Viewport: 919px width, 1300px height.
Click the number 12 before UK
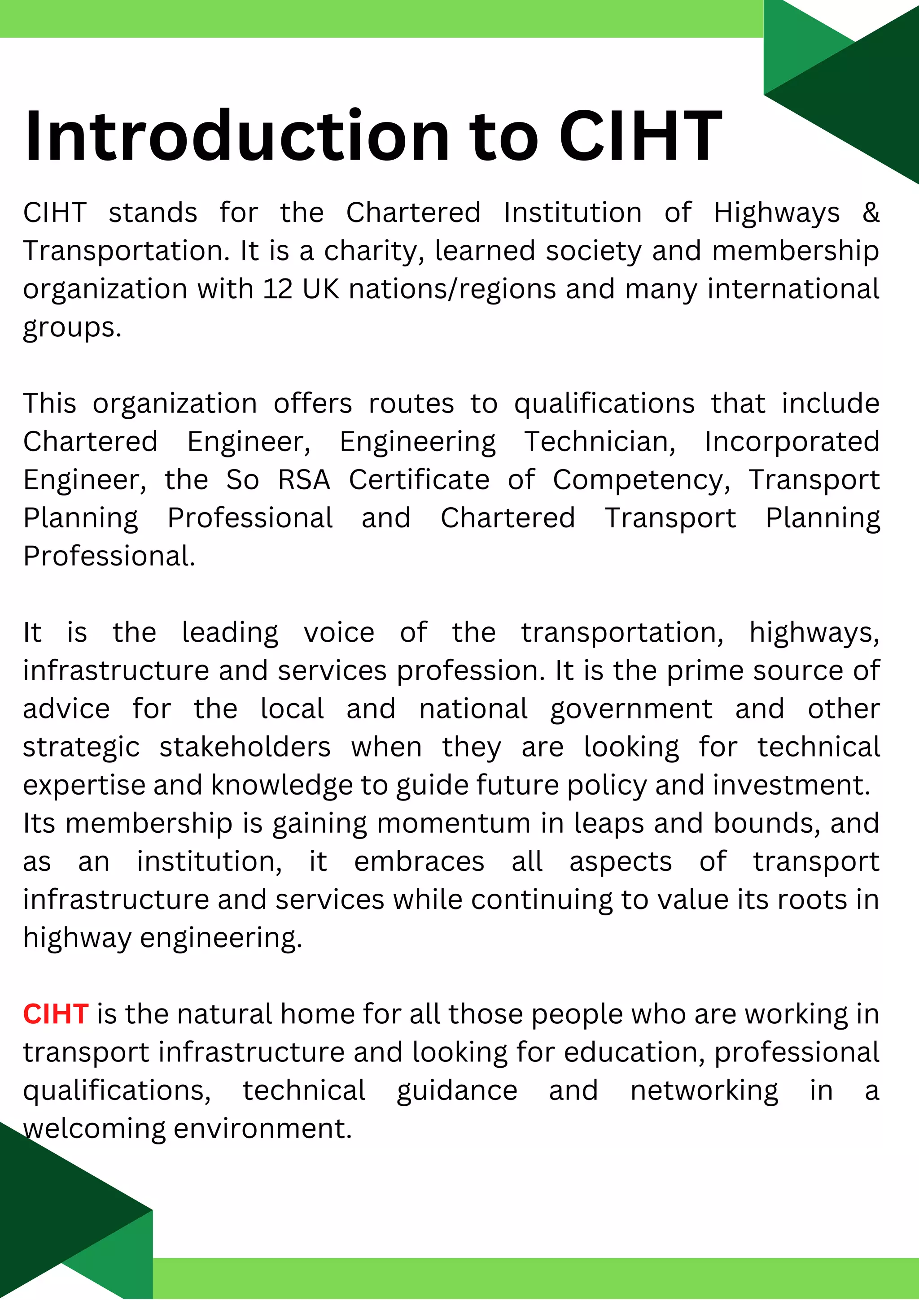(x=278, y=289)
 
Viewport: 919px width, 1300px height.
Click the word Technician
(x=600, y=442)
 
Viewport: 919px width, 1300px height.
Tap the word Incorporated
(x=792, y=442)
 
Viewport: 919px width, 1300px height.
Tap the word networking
(x=704, y=1091)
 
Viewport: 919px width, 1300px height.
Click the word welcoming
(x=94, y=1128)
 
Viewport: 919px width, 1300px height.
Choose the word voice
(x=339, y=632)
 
